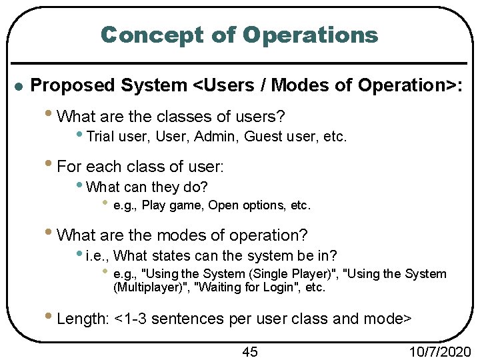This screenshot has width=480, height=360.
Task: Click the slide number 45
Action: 249,351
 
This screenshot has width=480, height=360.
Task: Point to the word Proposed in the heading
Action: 75,85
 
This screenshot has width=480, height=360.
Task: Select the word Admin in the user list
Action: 219,137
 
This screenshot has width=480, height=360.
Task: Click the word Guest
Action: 262,137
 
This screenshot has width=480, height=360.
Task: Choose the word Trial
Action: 101,137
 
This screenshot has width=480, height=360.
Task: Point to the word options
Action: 264,205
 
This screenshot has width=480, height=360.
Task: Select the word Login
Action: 285,288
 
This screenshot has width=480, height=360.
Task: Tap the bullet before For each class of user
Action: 51,164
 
